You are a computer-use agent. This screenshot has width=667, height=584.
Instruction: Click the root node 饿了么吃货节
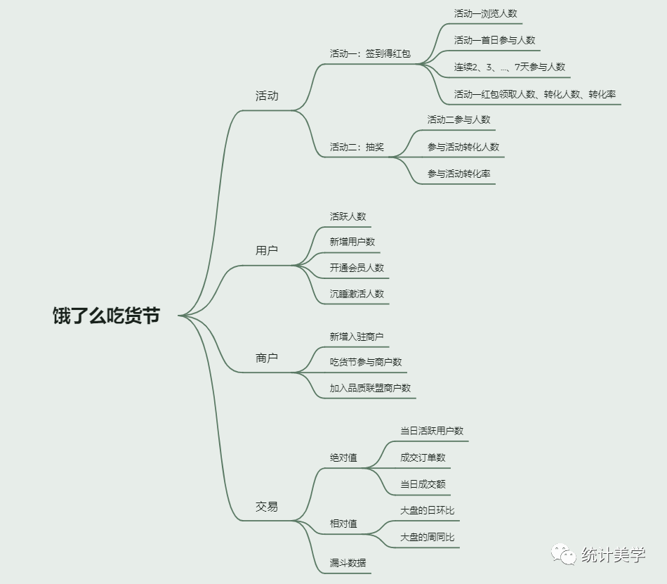point(106,316)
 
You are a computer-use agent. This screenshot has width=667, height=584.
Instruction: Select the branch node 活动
point(267,96)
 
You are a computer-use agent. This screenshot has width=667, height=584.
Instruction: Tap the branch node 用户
point(267,251)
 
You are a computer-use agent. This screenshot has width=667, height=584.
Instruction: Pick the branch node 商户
point(267,358)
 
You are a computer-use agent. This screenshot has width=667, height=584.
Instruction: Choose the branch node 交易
point(267,507)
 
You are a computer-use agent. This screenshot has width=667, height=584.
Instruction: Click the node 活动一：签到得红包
point(370,53)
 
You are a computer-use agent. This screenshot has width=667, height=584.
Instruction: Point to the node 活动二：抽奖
point(357,148)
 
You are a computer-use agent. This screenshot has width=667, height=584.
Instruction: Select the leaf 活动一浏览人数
point(486,13)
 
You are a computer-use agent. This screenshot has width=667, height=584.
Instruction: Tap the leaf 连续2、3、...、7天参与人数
point(510,67)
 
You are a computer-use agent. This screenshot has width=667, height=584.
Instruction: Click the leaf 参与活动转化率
point(459,174)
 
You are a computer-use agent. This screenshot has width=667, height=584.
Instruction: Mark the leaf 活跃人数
point(348,216)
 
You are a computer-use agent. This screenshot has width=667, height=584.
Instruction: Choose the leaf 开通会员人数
point(357,268)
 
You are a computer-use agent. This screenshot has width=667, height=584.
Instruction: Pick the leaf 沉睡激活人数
point(357,294)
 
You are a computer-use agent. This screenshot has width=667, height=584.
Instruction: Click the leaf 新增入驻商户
point(357,337)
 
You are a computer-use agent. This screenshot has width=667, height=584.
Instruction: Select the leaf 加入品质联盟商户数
point(371,388)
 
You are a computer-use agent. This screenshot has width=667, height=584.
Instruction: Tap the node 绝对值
point(343,458)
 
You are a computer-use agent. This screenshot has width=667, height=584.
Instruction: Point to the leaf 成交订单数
point(423,458)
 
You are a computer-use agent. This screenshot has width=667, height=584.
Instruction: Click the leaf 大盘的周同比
point(428,538)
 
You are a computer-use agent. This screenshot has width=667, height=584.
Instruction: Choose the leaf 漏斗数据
point(348,563)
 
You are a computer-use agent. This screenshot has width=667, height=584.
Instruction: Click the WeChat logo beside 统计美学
point(562,555)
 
